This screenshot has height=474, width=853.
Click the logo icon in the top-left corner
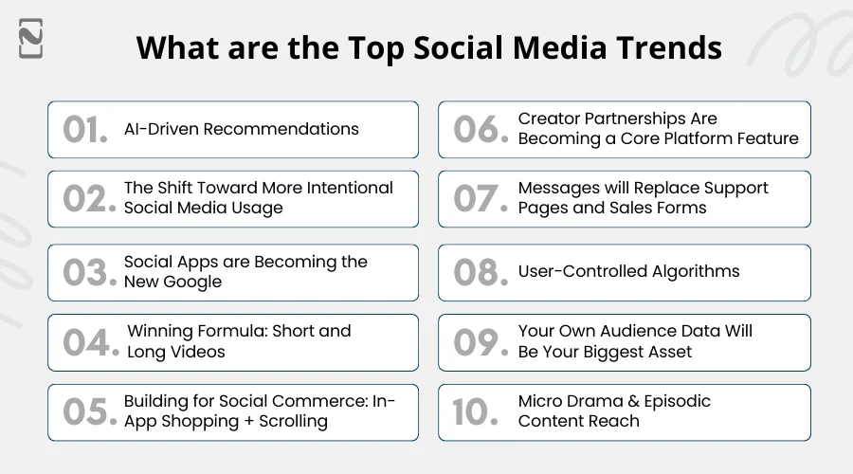30,38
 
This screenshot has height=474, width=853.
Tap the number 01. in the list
85,130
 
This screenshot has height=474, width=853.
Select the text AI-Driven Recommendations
241,129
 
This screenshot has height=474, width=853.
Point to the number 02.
88,199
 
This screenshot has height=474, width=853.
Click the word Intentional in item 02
345,188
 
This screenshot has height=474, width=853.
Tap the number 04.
89,342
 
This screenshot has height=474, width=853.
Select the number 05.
89,411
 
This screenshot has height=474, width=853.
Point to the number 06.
480,130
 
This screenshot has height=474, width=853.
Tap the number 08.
480,272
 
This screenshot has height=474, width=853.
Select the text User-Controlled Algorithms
628,271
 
